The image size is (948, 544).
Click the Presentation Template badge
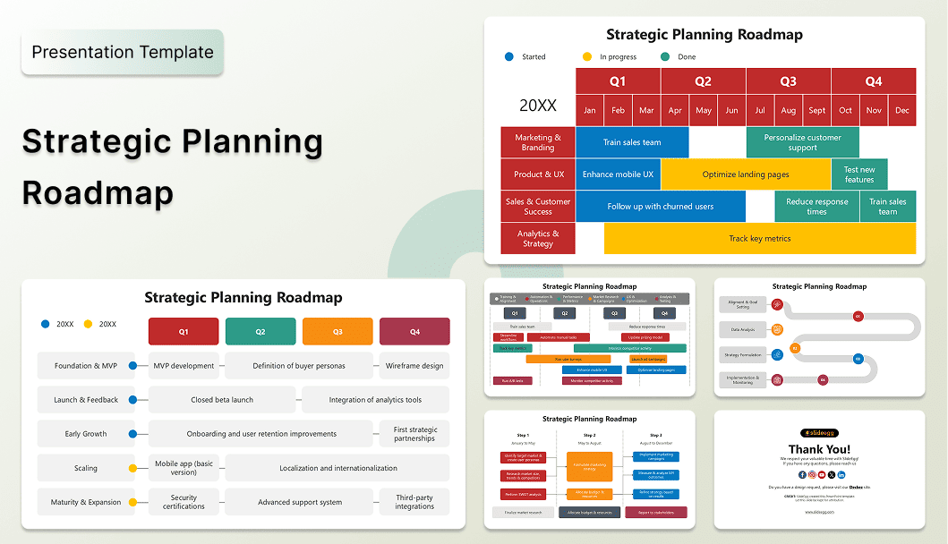(123, 52)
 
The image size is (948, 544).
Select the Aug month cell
(788, 110)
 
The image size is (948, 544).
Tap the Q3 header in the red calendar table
(788, 81)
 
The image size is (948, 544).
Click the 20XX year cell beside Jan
(537, 105)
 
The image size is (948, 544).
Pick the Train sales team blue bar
(632, 142)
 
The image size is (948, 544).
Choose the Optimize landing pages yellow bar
(746, 174)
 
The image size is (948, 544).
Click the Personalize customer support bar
(802, 142)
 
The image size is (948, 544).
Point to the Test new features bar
(858, 174)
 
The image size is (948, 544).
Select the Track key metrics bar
(759, 239)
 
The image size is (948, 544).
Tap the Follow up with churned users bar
(660, 207)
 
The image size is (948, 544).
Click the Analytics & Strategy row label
(537, 239)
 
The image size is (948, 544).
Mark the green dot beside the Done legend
(665, 56)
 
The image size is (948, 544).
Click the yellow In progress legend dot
(587, 56)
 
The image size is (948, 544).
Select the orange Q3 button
(337, 332)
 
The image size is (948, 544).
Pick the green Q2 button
(260, 332)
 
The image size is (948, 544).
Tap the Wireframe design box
(414, 366)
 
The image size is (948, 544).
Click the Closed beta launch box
(222, 400)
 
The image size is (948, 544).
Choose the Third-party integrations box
(414, 502)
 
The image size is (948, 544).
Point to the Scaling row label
(86, 468)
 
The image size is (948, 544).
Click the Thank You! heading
(819, 449)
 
